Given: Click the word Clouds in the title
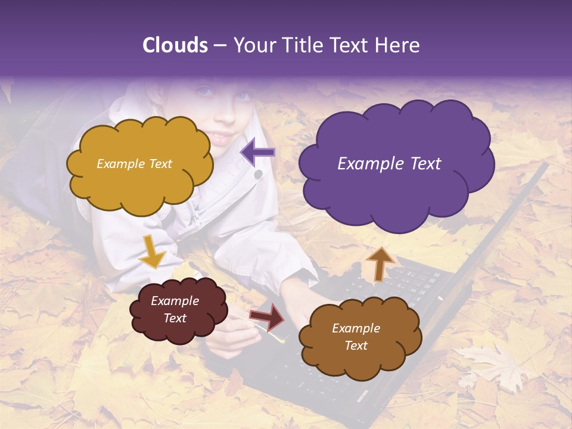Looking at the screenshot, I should point(175,45).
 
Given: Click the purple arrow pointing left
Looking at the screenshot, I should point(257,153).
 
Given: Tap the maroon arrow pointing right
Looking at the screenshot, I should point(267,316).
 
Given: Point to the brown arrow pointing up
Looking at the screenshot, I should point(380,263).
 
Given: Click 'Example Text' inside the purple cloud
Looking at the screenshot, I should point(389,164).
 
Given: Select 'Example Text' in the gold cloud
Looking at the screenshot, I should point(134,164).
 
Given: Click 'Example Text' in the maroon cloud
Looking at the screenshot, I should point(175,309).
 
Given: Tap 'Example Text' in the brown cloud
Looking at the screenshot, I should point(356,337).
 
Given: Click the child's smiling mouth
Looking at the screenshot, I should point(222,138).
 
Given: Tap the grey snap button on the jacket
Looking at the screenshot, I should point(258,175).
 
